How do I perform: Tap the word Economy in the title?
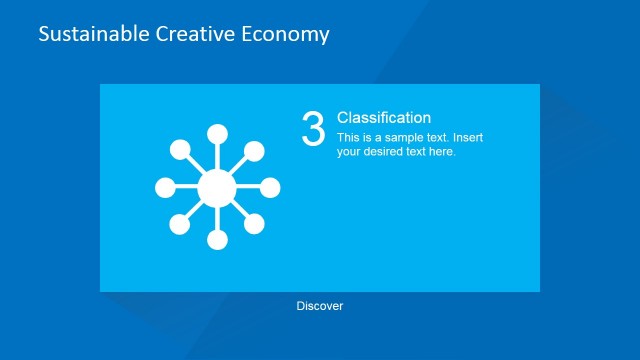tap(286, 34)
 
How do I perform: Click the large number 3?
tap(313, 129)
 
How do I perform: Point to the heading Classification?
tap(384, 118)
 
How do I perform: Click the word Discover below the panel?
tap(320, 306)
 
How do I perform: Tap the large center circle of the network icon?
tap(217, 187)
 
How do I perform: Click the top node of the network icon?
tap(217, 135)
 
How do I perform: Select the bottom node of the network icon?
tap(217, 240)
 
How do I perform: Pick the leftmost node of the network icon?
tap(165, 187)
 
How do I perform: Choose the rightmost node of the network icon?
tap(270, 187)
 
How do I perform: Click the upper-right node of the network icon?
tap(254, 150)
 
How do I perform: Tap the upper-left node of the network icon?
tap(180, 150)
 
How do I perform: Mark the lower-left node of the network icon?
tap(180, 224)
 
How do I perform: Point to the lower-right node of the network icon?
tap(254, 224)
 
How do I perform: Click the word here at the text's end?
tap(442, 152)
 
